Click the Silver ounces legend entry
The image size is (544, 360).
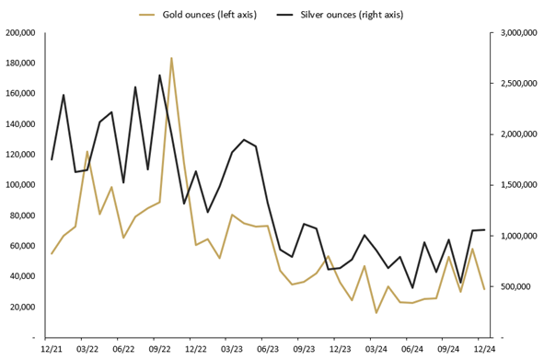pyautogui.click(x=351, y=15)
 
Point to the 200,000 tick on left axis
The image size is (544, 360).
pyautogui.click(x=19, y=33)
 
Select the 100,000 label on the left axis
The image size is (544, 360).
pyautogui.click(x=19, y=185)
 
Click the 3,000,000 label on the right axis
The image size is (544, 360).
pyautogui.click(x=520, y=33)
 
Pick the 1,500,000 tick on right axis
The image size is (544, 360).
pyautogui.click(x=520, y=185)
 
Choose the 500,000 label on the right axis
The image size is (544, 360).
pyautogui.click(x=515, y=286)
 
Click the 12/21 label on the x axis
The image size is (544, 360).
pyautogui.click(x=52, y=350)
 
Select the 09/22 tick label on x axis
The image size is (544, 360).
pyautogui.click(x=159, y=350)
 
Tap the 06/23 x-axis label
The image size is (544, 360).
pyautogui.click(x=267, y=350)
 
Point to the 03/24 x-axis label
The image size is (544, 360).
pyautogui.click(x=376, y=350)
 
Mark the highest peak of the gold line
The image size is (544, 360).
pyautogui.click(x=171, y=58)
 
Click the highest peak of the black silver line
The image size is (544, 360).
pyautogui.click(x=159, y=75)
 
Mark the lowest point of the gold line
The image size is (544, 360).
pyautogui.click(x=376, y=313)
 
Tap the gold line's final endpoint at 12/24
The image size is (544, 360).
pyautogui.click(x=484, y=289)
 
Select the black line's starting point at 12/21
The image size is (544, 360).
pyautogui.click(x=52, y=159)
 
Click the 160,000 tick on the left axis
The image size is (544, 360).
pyautogui.click(x=19, y=94)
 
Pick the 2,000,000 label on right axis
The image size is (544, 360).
pyautogui.click(x=520, y=134)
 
